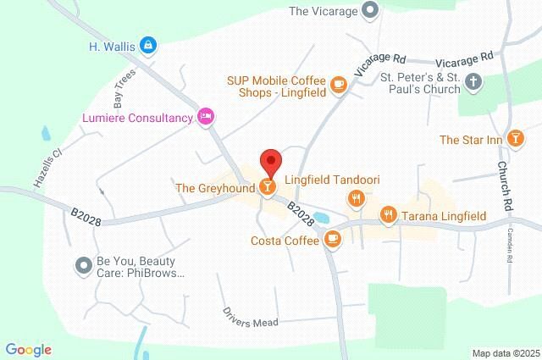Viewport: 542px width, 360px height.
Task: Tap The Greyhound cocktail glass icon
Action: [x=268, y=186]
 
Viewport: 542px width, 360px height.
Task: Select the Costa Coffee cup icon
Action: [x=334, y=240]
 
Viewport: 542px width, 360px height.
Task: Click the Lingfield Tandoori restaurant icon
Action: [x=356, y=198]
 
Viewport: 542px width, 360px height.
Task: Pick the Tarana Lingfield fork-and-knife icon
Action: [x=388, y=215]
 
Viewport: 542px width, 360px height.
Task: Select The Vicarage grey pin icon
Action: [x=369, y=11]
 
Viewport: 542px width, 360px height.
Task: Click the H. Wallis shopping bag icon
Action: [x=148, y=44]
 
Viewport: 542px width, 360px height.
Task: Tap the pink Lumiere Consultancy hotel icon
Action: [x=206, y=117]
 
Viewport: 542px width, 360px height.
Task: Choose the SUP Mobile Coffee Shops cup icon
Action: [x=338, y=85]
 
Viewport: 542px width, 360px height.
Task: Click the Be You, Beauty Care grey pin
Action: [x=83, y=266]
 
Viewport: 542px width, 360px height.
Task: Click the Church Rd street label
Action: [x=506, y=186]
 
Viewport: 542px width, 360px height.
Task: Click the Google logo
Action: [x=28, y=349]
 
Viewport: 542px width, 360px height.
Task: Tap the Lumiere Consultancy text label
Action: [x=137, y=118]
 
